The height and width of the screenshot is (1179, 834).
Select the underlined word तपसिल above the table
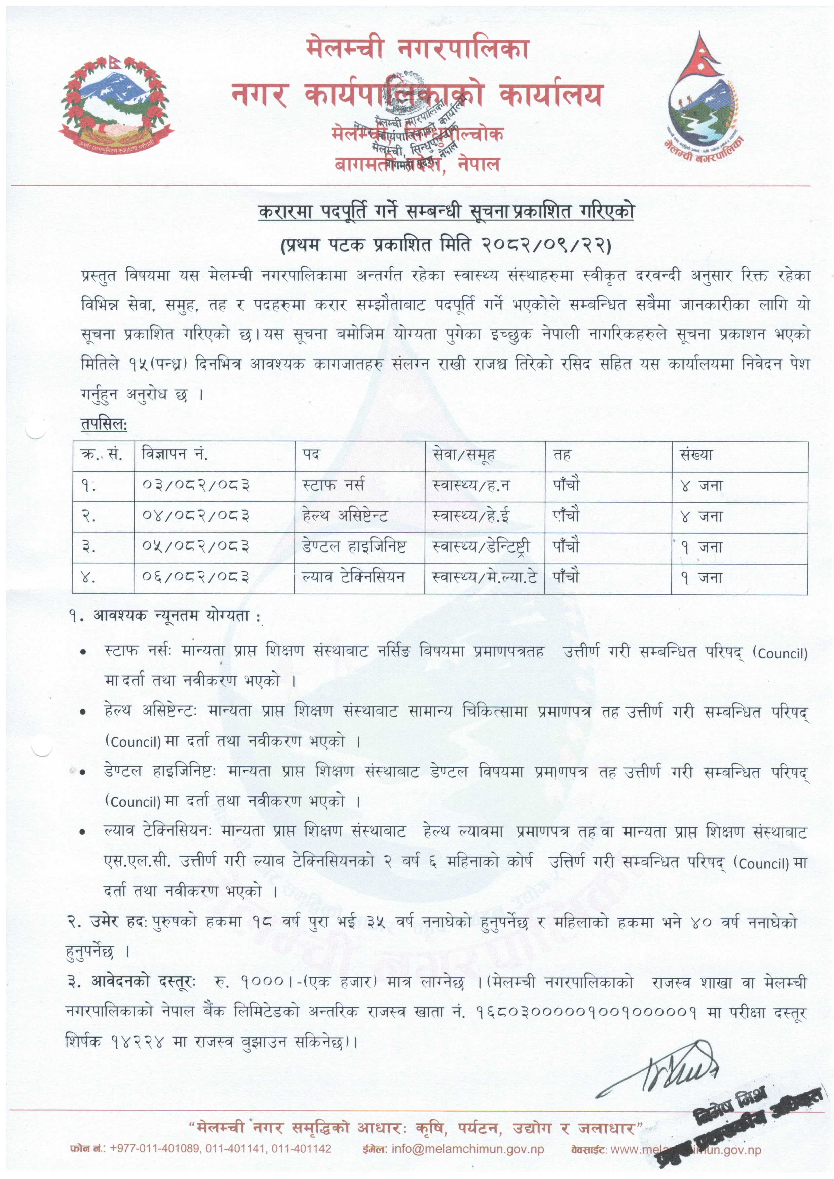coord(103,424)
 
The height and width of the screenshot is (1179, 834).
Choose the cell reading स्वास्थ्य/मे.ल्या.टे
coord(485,577)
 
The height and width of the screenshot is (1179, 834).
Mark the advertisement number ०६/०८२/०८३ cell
coord(196,577)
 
